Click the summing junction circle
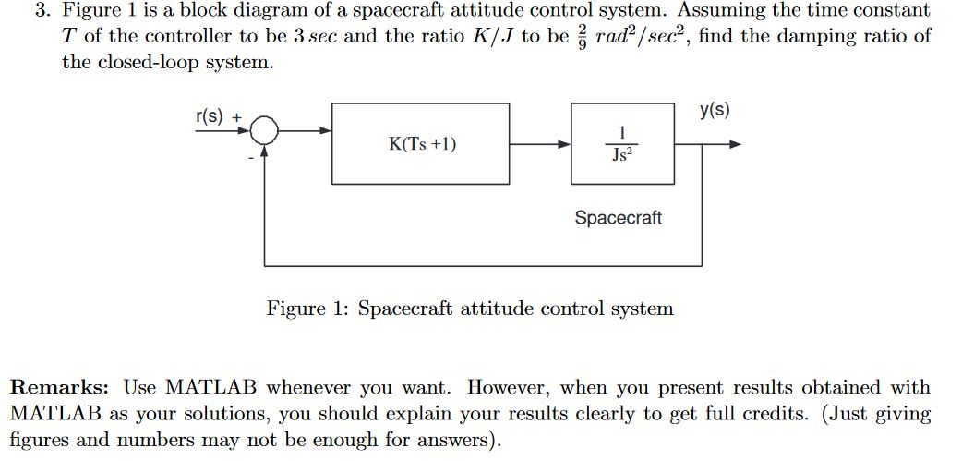click(x=265, y=131)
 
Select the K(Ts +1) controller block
click(x=420, y=143)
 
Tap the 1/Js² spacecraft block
click(x=622, y=143)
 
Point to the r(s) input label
click(x=210, y=117)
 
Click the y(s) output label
click(x=715, y=111)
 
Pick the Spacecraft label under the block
click(x=618, y=218)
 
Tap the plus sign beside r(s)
click(x=236, y=118)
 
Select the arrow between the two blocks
click(x=540, y=144)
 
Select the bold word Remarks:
click(x=57, y=387)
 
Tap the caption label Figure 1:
click(x=307, y=309)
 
